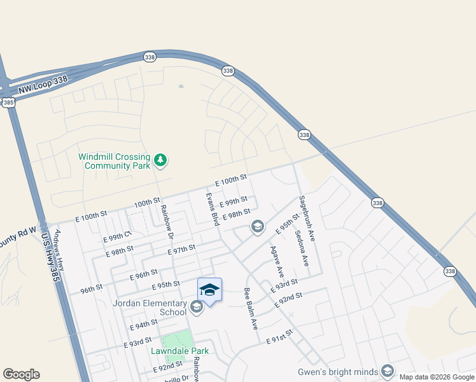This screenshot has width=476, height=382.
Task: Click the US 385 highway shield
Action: coord(8,102)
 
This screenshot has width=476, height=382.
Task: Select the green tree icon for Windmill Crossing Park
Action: coord(161,160)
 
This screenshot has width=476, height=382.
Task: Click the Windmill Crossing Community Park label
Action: coord(114,161)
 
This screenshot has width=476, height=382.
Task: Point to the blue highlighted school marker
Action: coord(209,290)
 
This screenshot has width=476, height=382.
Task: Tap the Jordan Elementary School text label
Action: coord(150,308)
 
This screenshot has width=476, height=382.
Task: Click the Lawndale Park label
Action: coord(179,351)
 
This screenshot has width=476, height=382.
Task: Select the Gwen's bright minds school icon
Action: coord(388,372)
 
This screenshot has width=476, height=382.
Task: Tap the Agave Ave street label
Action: coord(276,261)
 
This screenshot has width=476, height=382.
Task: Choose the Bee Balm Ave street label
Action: coord(251,309)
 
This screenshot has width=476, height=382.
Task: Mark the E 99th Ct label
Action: coord(116,237)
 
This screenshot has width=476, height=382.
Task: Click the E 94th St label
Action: coord(143,325)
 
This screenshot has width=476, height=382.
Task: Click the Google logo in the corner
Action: coord(21,374)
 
